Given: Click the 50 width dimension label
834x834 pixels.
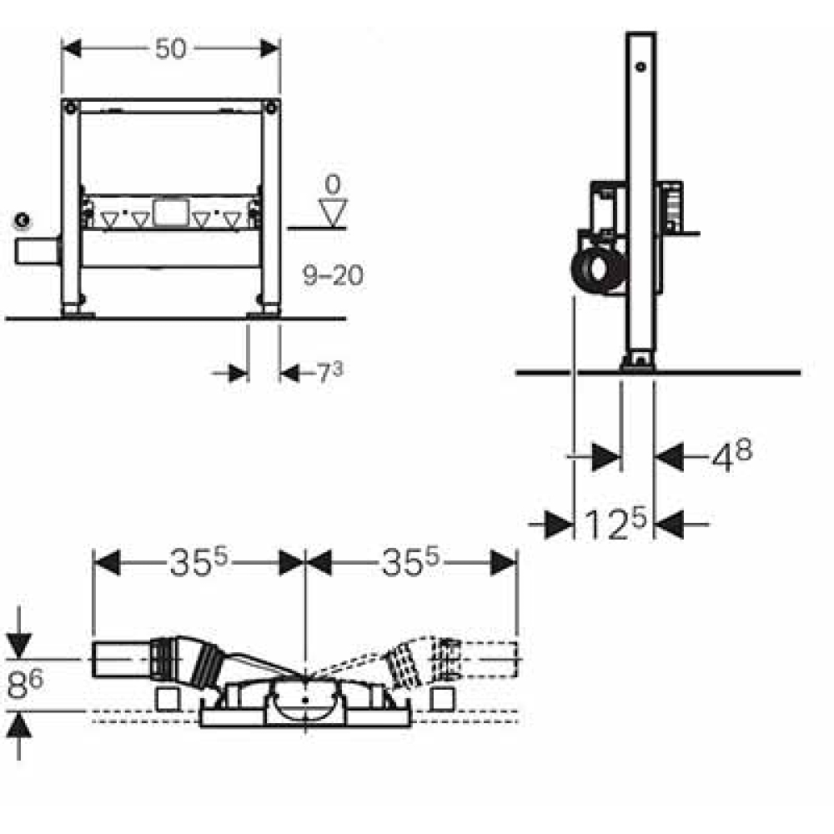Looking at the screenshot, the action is coord(171,49).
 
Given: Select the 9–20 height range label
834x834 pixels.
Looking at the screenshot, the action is coord(333,275).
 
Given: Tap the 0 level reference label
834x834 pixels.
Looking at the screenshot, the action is coord(333,184).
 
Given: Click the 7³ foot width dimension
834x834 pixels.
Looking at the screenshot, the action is coord(330,372).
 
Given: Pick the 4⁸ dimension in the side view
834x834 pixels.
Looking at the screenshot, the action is coord(732,455).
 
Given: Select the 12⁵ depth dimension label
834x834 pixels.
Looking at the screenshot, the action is coord(615,524).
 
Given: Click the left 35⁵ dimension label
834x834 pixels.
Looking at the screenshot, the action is coord(198,562).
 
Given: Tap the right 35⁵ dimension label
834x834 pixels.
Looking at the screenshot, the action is coord(410,562).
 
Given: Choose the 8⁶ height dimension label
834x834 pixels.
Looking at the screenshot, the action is coord(25,685).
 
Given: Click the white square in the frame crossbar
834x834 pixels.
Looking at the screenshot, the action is coord(170,213).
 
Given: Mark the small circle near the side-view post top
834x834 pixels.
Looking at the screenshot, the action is coord(641,67).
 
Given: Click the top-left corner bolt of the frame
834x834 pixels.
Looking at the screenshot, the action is coord(70,108).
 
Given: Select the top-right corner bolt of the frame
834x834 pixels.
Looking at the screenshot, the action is coord(271,108).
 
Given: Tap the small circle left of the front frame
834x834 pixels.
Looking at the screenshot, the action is coord(23,220).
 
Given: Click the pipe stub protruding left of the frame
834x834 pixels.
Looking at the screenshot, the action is coord(37,251).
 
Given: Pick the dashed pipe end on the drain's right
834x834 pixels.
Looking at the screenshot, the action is coord(488,660).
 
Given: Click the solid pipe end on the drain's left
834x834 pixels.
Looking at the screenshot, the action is coord(121,660).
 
